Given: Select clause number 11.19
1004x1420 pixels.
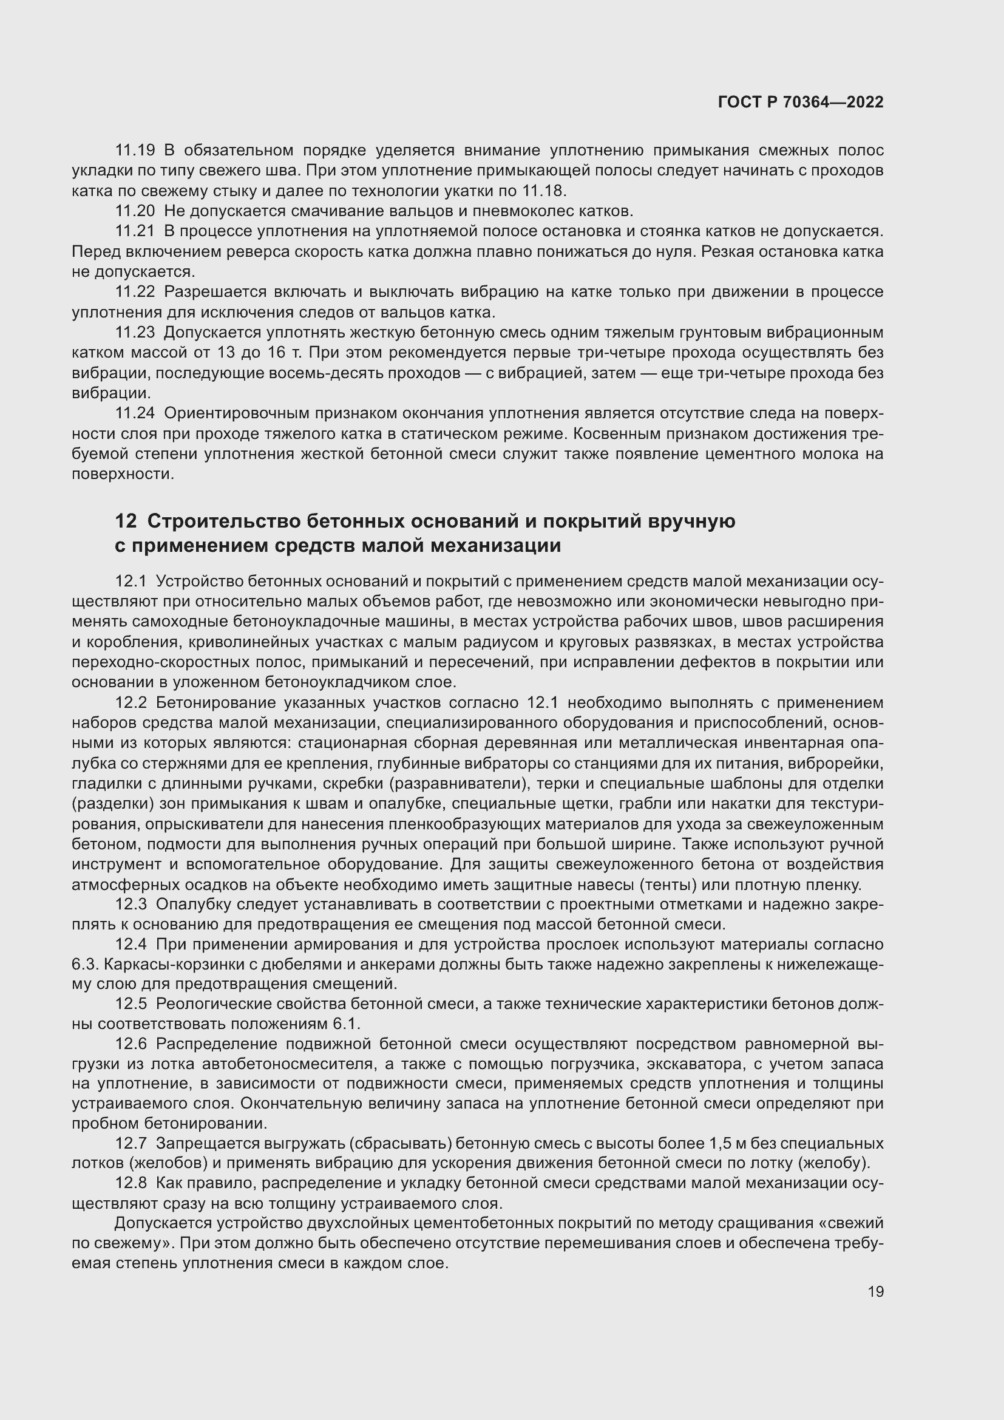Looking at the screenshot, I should click(135, 151).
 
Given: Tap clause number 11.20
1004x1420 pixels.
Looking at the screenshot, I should click(135, 211).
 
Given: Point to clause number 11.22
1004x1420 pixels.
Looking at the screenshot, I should click(135, 292).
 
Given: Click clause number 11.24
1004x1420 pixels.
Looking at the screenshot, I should click(135, 413).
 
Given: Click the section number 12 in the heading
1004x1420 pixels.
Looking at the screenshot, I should click(126, 521).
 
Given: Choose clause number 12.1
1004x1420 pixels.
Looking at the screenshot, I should click(131, 582).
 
